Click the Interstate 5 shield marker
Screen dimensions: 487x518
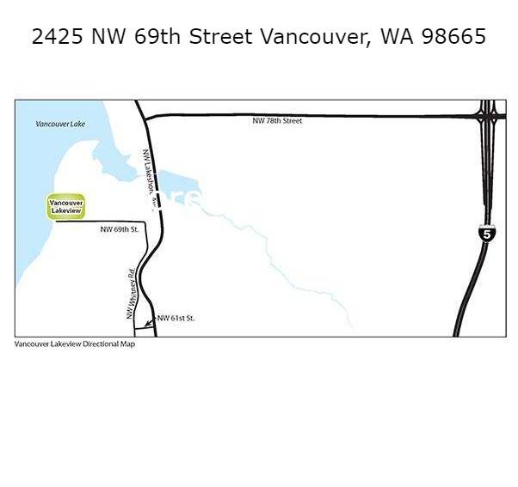point(486,233)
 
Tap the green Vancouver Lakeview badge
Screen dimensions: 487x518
point(65,206)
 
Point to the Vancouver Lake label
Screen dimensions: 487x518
point(60,125)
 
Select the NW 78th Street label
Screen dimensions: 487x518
point(277,121)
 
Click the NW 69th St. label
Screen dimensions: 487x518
point(120,230)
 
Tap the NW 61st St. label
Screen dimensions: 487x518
point(176,319)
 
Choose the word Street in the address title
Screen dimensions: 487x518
point(221,37)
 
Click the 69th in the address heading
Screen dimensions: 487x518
point(161,37)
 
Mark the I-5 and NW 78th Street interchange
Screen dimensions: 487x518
point(488,115)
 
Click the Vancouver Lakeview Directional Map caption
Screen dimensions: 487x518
point(75,344)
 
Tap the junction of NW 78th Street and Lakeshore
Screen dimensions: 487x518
point(143,116)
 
